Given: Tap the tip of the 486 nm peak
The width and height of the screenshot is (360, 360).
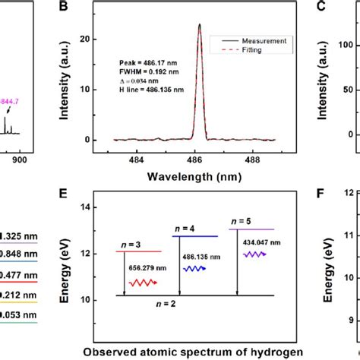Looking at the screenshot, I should click(x=199, y=24).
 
